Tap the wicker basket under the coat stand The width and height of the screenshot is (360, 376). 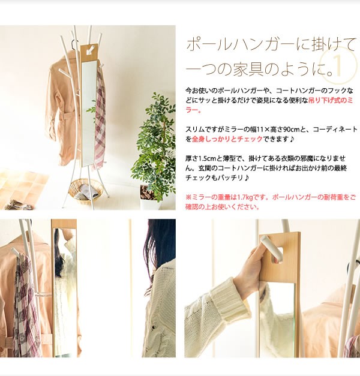84,192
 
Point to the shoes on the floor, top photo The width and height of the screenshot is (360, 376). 18,205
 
